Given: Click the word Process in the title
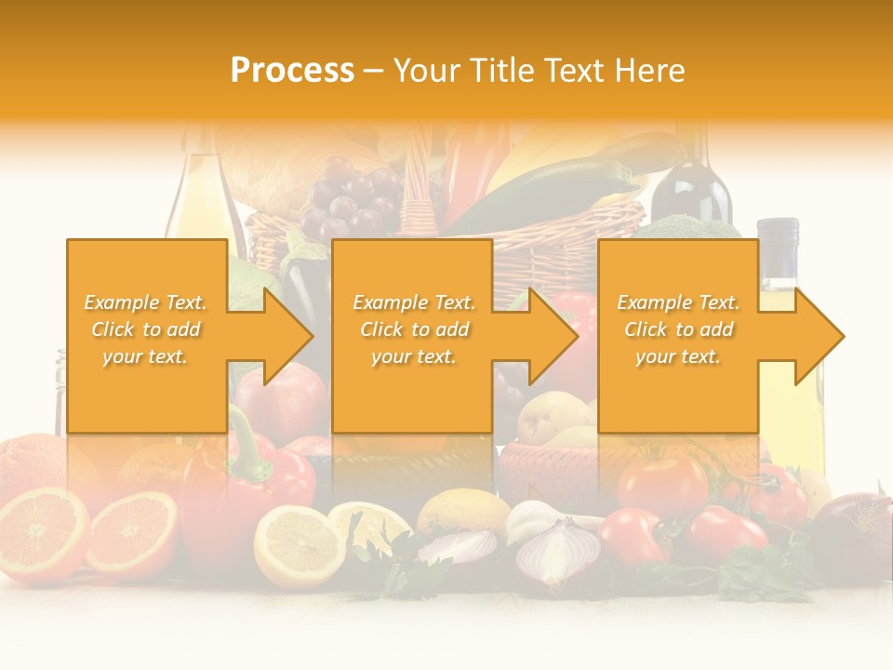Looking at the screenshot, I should point(292,70).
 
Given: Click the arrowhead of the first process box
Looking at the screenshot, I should point(288,336).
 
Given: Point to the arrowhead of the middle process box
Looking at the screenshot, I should point(553,336).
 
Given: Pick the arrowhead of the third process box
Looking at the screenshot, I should point(819,336).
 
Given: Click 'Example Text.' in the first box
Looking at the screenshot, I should point(146,302).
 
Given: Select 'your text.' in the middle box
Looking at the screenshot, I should point(413,356).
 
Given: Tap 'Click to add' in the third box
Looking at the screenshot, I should point(679,329).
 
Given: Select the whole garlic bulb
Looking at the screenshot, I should point(530,516).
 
